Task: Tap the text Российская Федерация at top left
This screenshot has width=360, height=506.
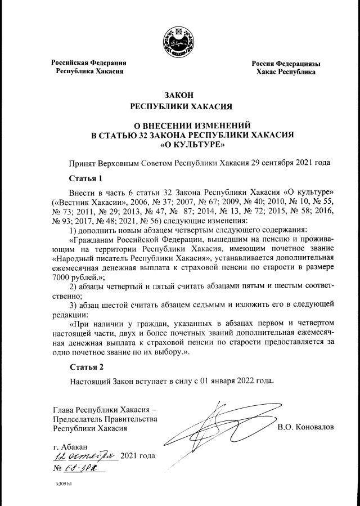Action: [89, 63]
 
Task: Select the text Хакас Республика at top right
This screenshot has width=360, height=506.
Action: [285, 73]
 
